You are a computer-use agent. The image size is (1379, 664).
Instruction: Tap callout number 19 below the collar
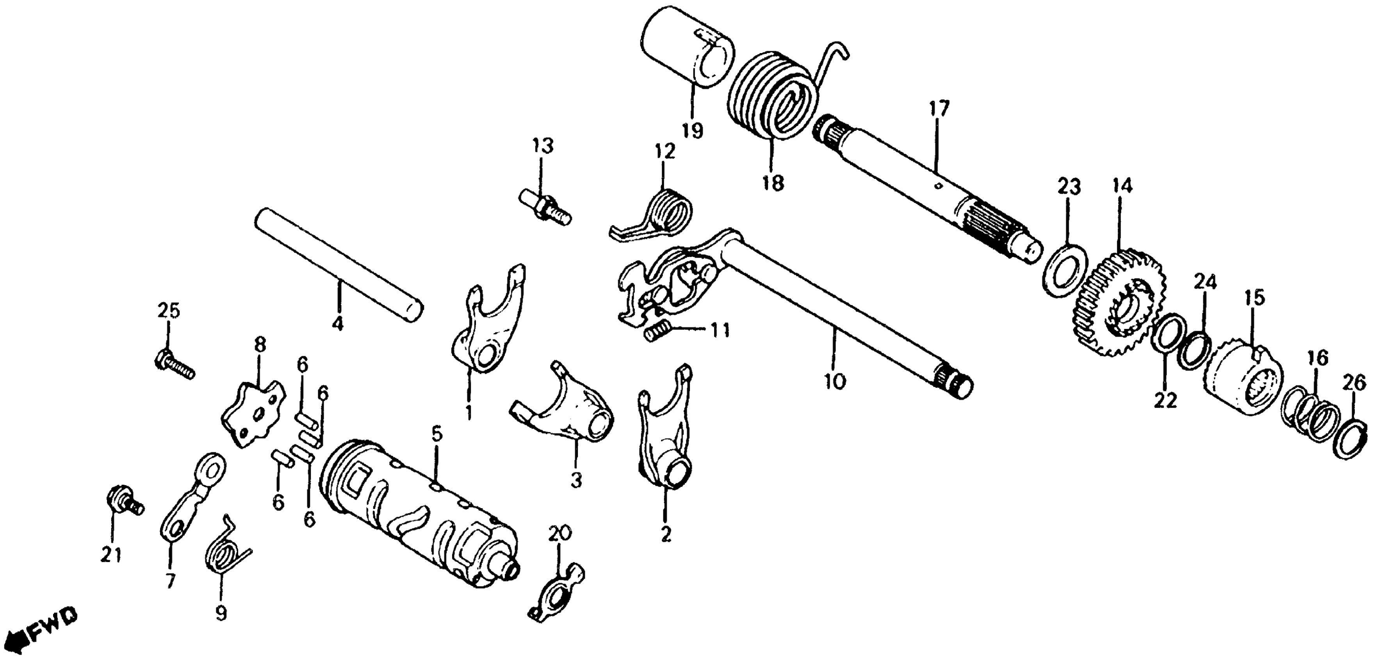(692, 130)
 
